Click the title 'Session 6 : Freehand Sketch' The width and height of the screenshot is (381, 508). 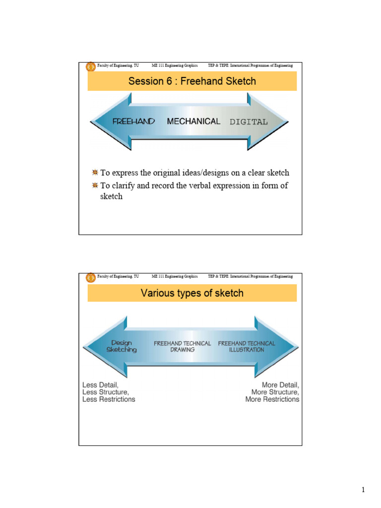[x=192, y=81]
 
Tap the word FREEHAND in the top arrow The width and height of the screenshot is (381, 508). [x=133, y=122]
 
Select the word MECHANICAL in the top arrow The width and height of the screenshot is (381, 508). [x=193, y=121]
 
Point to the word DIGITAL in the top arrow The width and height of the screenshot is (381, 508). [x=248, y=122]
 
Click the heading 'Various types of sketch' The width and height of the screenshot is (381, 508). [x=192, y=293]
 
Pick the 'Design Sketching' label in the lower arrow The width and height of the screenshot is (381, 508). [x=122, y=346]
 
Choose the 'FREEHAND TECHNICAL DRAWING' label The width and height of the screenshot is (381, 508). [x=182, y=346]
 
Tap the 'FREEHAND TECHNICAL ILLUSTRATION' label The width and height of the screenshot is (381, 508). [x=247, y=346]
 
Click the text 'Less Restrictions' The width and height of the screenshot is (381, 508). [x=109, y=399]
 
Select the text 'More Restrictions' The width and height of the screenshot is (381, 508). [x=272, y=399]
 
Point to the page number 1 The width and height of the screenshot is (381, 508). [x=363, y=491]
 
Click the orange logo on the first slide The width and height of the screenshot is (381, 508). [x=91, y=67]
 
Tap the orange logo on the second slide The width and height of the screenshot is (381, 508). [x=91, y=278]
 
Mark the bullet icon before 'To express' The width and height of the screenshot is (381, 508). [x=95, y=173]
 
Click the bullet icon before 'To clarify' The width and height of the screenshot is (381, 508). [x=95, y=186]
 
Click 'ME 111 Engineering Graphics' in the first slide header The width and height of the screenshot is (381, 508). [x=175, y=65]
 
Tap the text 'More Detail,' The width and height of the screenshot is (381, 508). [x=280, y=384]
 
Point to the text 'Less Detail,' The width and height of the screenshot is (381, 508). [x=101, y=384]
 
